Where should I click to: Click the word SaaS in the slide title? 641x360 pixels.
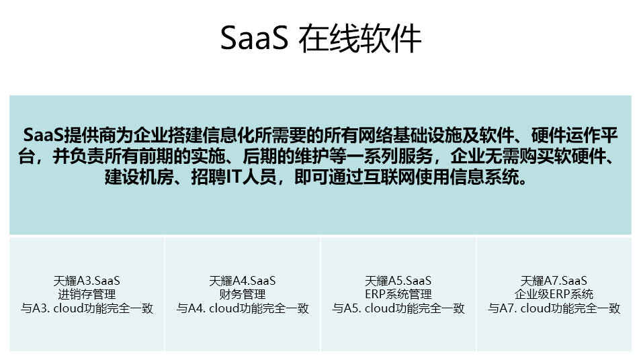coord(254,38)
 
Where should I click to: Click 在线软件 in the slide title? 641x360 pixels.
coord(360,38)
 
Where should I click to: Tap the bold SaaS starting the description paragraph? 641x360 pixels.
coord(44,136)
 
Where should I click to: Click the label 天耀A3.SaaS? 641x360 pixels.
coord(87,281)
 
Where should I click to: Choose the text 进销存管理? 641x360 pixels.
coord(87,294)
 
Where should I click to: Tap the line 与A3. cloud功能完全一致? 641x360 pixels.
coord(87,308)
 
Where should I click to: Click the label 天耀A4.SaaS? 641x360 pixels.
coord(243,281)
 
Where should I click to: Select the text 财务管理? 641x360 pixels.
coord(243,294)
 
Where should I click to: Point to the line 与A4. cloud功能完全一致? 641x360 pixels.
coord(243,308)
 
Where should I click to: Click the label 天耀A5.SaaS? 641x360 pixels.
coord(398,281)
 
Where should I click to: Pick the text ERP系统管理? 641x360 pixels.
coord(398,294)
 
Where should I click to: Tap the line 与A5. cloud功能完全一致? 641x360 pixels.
coord(398,308)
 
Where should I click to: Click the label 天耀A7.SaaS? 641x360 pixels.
coord(554,281)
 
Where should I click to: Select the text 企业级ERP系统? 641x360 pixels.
coord(554,294)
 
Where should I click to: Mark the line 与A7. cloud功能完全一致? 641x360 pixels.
coord(554,308)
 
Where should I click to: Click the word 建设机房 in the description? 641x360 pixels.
coord(139,177)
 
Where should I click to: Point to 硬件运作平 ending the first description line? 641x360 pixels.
coord(574,136)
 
